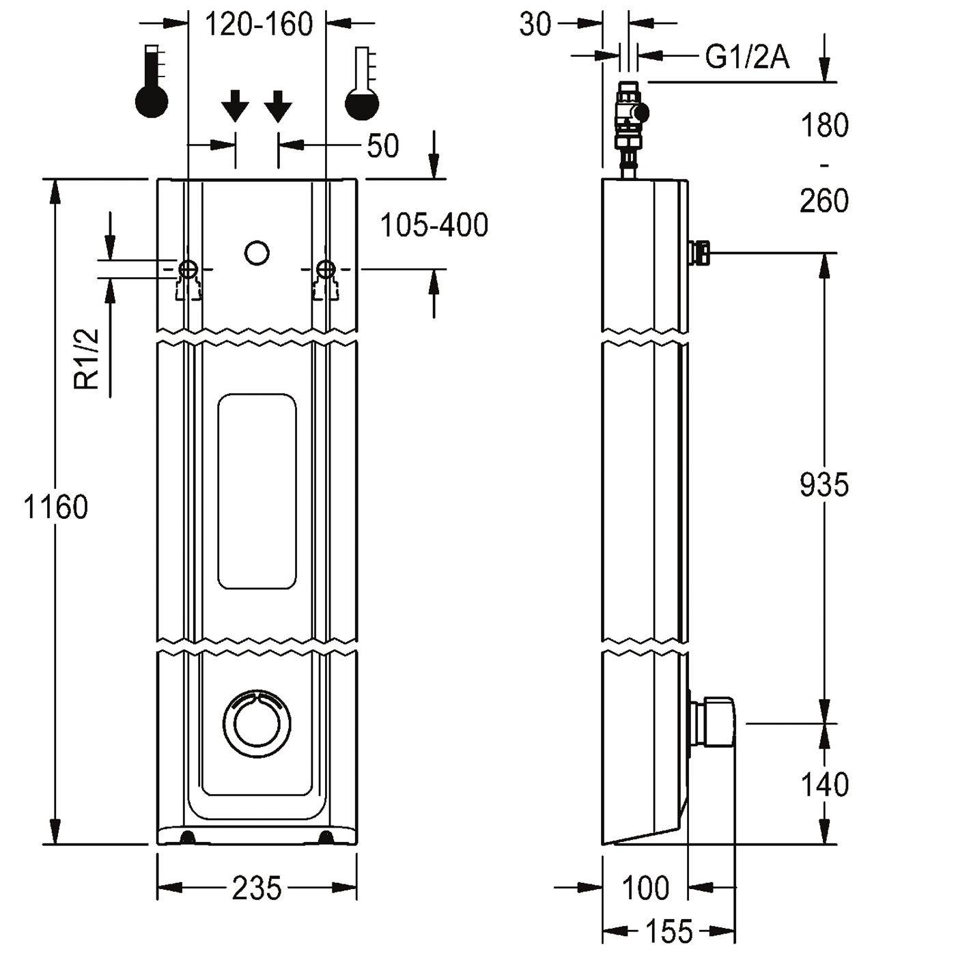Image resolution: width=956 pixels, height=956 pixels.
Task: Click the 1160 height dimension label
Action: tap(55, 507)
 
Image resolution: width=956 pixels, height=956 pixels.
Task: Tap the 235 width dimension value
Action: tap(257, 888)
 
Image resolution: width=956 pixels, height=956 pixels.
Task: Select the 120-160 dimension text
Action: tap(259, 25)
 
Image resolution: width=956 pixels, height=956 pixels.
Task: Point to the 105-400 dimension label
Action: tap(434, 225)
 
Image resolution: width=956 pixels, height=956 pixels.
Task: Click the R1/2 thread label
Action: tap(87, 358)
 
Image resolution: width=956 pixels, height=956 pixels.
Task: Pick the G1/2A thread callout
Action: tap(747, 57)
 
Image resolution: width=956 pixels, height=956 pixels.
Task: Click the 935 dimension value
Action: tap(824, 485)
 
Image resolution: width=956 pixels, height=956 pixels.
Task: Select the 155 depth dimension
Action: tap(669, 931)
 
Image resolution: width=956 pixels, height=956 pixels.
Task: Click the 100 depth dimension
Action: tap(645, 888)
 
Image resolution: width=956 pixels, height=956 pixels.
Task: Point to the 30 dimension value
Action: tap(535, 24)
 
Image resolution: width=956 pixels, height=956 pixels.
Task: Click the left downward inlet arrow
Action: tap(235, 106)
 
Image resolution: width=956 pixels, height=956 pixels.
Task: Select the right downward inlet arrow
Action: tap(278, 106)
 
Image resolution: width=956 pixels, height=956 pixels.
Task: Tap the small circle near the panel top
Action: tap(257, 253)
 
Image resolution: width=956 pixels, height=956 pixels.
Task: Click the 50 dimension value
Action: tap(382, 146)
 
